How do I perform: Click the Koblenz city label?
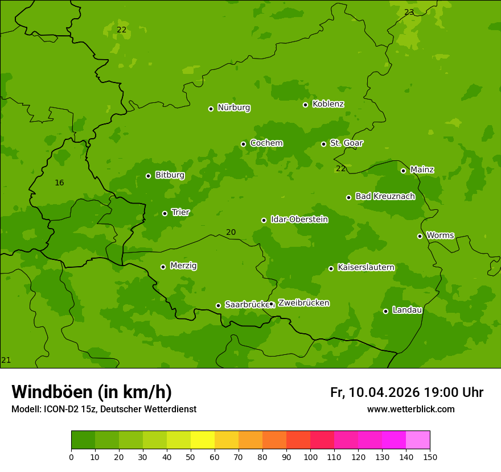(328, 104)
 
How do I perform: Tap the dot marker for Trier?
(165, 213)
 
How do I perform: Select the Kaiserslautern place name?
(366, 267)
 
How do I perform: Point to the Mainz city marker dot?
(403, 171)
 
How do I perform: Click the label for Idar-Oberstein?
(299, 220)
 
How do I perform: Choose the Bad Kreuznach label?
(385, 196)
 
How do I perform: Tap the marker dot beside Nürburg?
(211, 109)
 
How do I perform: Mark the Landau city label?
(407, 310)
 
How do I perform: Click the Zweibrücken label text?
(303, 303)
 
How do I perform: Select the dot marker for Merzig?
(163, 267)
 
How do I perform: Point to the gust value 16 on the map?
(59, 183)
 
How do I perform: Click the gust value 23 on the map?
(409, 12)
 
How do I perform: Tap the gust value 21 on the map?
(6, 360)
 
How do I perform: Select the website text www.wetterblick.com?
(410, 409)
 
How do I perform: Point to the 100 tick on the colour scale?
(310, 457)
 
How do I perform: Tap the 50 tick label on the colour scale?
(191, 457)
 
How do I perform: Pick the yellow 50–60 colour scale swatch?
(203, 440)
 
